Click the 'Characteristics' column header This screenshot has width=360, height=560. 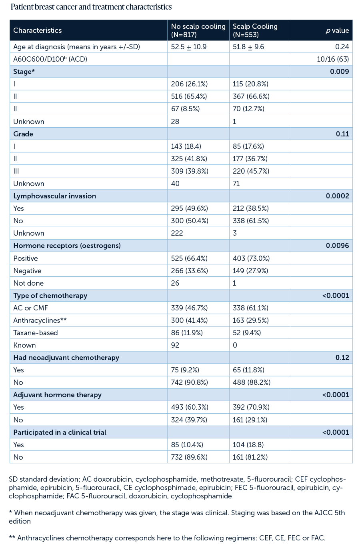pyautogui.click(x=38, y=30)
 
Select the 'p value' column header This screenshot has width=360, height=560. pyautogui.click(x=337, y=30)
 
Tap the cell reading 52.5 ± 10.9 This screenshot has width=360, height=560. pyautogui.click(x=189, y=47)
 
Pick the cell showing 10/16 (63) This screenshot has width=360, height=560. pyautogui.click(x=332, y=59)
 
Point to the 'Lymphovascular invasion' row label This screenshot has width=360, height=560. pyautogui.click(x=54, y=196)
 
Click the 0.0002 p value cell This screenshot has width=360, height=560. pyautogui.click(x=337, y=196)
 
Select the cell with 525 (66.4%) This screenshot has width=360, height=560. pyautogui.click(x=189, y=258)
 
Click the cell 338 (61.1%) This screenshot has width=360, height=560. pyautogui.click(x=250, y=308)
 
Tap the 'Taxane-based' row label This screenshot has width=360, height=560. pyautogui.click(x=36, y=333)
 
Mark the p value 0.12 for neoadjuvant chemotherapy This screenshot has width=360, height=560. pyautogui.click(x=342, y=358)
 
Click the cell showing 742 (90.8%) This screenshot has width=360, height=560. pyautogui.click(x=189, y=382)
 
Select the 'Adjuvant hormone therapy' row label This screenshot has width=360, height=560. pyautogui.click(x=57, y=395)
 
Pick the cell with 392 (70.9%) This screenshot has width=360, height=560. pyautogui.click(x=251, y=407)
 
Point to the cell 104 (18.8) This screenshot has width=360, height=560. pyautogui.click(x=248, y=445)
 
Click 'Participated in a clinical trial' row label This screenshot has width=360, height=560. pyautogui.click(x=60, y=432)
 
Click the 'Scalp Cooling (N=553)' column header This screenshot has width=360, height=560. pyautogui.click(x=255, y=30)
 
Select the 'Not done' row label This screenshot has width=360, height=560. pyautogui.click(x=28, y=283)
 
